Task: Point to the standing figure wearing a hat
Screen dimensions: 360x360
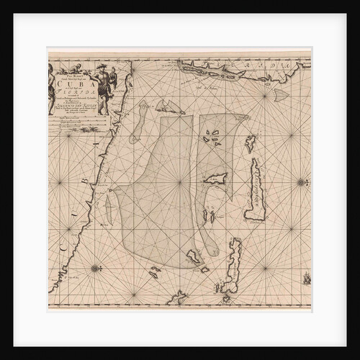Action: click(x=104, y=85)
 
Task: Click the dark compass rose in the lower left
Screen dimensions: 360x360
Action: click(x=94, y=269)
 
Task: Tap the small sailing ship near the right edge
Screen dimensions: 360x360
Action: click(x=307, y=277)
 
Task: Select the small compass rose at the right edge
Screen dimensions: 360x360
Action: click(x=300, y=183)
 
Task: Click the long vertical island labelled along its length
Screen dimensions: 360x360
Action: click(x=255, y=189)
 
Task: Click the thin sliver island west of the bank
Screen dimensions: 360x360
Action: click(x=108, y=209)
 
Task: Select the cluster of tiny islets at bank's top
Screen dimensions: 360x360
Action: click(x=212, y=138)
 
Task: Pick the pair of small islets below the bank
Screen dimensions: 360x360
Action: click(x=155, y=271)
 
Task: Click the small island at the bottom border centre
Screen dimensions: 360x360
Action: click(x=177, y=296)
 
